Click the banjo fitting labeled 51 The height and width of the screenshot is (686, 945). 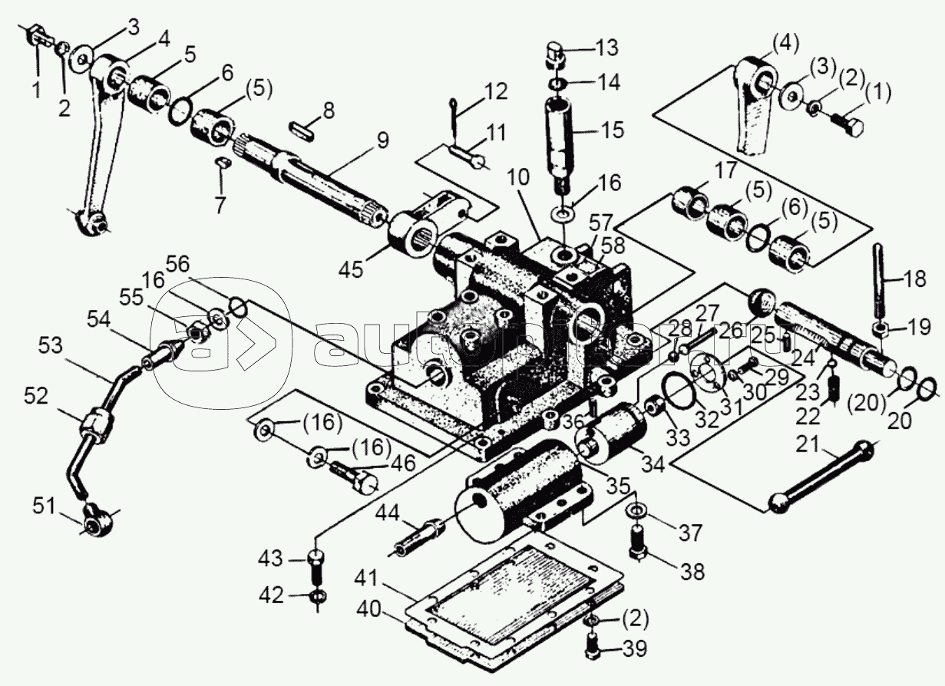click(94, 524)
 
